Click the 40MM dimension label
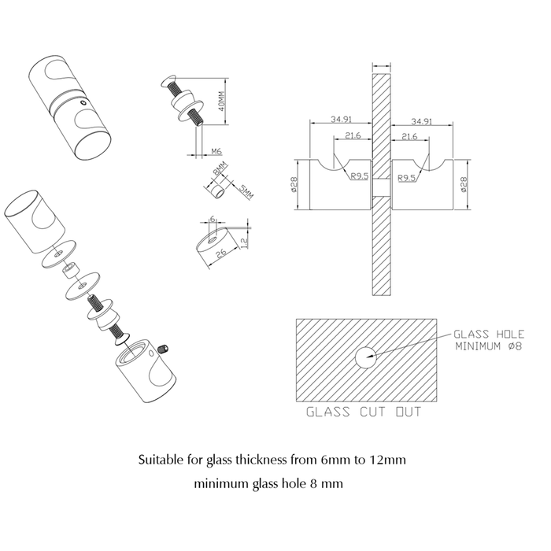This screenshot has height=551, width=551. click(221, 102)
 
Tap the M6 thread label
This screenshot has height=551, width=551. click(216, 151)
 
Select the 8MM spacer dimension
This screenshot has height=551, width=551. click(220, 169)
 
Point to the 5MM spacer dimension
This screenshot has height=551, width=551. click(246, 192)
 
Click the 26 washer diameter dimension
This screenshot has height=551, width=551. click(221, 253)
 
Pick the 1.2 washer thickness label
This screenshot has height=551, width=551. click(245, 242)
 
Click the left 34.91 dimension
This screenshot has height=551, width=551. click(341, 119)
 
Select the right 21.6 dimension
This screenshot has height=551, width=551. click(409, 136)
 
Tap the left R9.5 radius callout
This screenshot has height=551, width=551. click(359, 176)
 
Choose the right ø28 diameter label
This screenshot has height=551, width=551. click(464, 184)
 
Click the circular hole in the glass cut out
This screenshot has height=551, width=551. click(365, 357)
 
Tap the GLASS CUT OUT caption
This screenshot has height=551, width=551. click(364, 412)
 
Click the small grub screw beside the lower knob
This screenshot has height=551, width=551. click(162, 349)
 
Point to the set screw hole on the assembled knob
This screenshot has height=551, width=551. click(83, 102)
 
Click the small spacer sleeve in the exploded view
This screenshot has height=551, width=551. click(71, 270)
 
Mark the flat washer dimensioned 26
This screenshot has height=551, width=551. click(215, 245)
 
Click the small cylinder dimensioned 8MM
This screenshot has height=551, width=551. click(216, 190)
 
